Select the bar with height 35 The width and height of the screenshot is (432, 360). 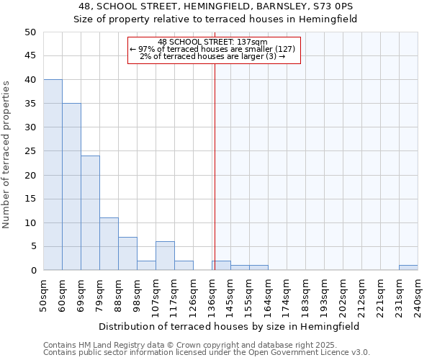coord(71,187)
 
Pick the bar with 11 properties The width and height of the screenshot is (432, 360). coord(109,244)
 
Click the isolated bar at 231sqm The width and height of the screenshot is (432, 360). coord(408,268)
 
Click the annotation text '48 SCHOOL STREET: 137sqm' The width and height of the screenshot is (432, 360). coord(212,42)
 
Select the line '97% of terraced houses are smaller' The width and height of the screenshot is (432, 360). coord(212,49)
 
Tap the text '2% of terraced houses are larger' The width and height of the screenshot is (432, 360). coord(212,56)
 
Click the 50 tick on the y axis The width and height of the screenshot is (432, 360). coord(30,32)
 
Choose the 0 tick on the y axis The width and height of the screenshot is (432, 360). coord(32,271)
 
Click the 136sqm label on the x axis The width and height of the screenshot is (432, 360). coord(212,294)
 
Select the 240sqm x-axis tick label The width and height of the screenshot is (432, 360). coord(418,294)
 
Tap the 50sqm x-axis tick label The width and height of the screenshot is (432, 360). coord(44,294)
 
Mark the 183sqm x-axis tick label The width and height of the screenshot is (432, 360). coord(306,294)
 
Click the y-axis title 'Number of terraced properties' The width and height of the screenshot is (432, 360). coord(6,154)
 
